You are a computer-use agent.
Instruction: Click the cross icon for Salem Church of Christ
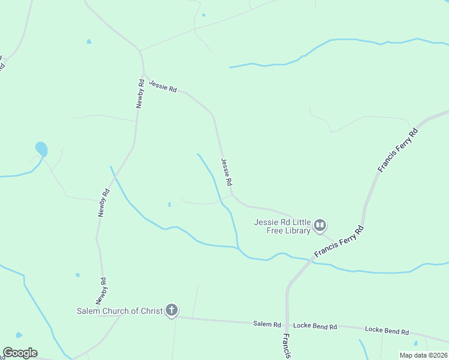pos(172,310)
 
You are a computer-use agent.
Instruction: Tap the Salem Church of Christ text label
pos(119,311)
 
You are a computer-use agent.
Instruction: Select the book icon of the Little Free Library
pos(320,226)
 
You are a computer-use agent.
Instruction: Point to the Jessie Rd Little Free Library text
pos(282,226)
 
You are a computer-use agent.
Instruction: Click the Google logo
pos(20,353)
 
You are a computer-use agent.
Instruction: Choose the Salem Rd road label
pos(267,324)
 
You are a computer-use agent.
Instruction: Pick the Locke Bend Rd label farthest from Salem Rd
pos(387,331)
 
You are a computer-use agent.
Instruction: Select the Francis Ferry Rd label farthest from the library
pos(397,150)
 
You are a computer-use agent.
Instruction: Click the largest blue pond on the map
pos(41,148)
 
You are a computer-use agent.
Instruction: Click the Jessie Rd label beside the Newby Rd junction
pos(163,86)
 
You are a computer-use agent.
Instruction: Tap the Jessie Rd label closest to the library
pos(226,172)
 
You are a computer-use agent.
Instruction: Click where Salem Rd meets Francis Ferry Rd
pos(288,324)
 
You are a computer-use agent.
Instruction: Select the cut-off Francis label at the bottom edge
pos(288,347)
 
